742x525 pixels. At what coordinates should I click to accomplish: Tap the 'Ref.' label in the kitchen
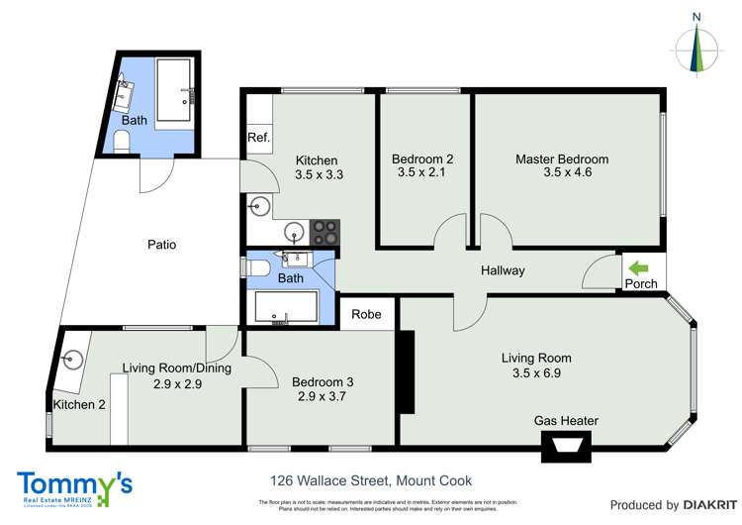258,138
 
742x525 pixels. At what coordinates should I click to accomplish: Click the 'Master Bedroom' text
561,158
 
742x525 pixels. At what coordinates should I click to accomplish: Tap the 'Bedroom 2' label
422,158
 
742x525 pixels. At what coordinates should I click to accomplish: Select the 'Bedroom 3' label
323,381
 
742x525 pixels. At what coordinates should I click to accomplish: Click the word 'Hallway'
503,270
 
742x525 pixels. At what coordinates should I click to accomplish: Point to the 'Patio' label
161,244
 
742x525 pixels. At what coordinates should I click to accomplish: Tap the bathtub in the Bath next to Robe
287,308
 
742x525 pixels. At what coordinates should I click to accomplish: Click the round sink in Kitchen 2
72,360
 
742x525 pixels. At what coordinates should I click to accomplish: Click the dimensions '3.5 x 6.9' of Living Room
535,373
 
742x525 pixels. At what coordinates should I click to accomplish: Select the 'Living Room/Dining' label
176,367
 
